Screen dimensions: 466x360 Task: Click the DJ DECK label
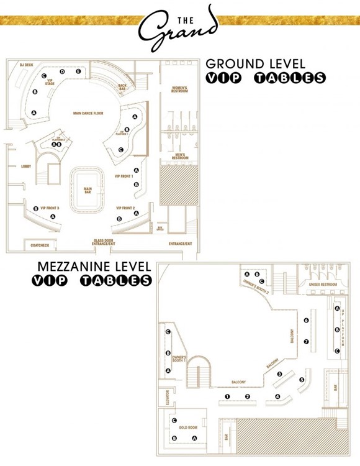coord(26,65)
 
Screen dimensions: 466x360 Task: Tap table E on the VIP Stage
coord(78,72)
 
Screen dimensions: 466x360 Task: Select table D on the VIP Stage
coord(62,72)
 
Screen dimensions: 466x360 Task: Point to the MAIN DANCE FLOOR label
coord(88,113)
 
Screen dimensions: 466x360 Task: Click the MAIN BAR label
coord(88,190)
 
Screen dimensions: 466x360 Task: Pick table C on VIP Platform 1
coord(120,150)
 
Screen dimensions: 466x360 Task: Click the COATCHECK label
coord(40,245)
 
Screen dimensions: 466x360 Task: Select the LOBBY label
coord(26,167)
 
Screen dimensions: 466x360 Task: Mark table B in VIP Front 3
coord(35,209)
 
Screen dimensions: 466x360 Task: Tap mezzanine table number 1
coord(227,396)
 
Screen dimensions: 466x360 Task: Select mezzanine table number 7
coord(306,342)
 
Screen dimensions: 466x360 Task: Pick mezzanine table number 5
coord(302,380)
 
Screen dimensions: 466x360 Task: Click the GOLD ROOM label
coord(187,427)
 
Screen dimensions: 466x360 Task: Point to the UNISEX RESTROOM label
coord(322,285)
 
